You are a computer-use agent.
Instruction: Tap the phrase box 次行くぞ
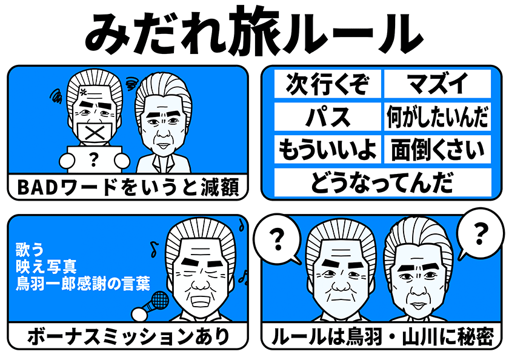pos(328,84)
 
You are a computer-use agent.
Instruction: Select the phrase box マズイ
pos(437,84)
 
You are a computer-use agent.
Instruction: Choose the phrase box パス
pos(328,117)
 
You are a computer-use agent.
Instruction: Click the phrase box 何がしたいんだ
pos(437,117)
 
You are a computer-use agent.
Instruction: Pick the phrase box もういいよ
pos(328,149)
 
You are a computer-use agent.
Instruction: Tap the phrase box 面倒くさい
pos(437,149)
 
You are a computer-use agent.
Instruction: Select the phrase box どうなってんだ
pos(383,182)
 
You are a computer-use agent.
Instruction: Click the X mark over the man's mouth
pos(95,133)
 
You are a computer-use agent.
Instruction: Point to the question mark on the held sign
pos(94,159)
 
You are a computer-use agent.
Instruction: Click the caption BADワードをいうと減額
pos(128,188)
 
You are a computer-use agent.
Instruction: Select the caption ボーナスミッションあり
pos(128,336)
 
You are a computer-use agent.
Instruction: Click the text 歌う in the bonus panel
pos(30,250)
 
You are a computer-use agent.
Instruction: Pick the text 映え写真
pos(46,267)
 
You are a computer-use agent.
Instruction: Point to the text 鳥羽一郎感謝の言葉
pos(83,284)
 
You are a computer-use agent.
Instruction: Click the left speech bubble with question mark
pos(278,239)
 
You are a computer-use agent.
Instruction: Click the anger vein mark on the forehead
pos(84,92)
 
